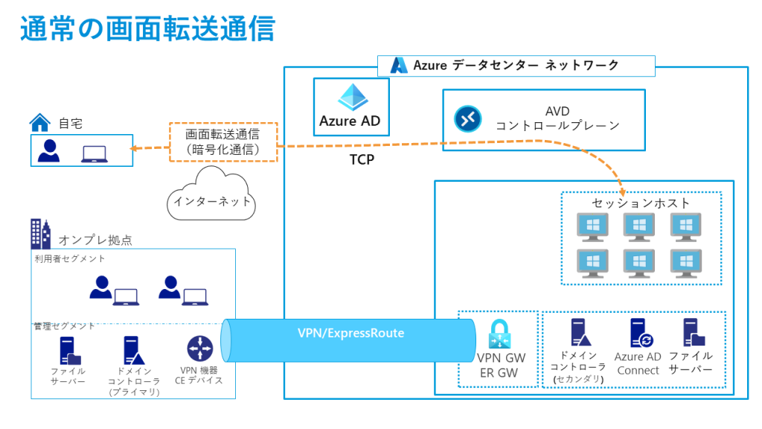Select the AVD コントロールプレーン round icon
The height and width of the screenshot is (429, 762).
click(468, 119)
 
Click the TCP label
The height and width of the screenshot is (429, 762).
click(362, 159)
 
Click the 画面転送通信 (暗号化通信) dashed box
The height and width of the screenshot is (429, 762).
click(222, 142)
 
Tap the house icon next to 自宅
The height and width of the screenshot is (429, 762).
click(39, 122)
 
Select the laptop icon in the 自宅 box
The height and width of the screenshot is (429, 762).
click(95, 153)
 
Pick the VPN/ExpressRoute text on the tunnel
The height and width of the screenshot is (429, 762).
click(350, 334)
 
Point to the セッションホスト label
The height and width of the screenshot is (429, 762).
click(641, 203)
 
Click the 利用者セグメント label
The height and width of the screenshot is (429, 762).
click(70, 259)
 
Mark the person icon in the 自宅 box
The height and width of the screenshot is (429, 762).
click(49, 150)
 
